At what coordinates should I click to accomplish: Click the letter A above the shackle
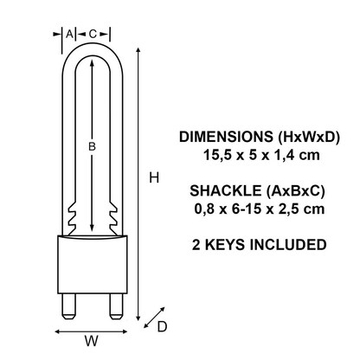pos(70,34)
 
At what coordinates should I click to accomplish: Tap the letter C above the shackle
pos(92,34)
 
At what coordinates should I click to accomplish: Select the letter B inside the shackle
pos(92,148)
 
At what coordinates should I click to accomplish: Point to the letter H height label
pos(153,177)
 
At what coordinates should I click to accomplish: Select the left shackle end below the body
pos(67,304)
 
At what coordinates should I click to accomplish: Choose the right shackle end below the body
pos(115,304)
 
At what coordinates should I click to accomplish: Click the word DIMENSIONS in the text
pos(221,138)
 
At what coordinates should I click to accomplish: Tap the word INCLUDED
pos(291,245)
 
